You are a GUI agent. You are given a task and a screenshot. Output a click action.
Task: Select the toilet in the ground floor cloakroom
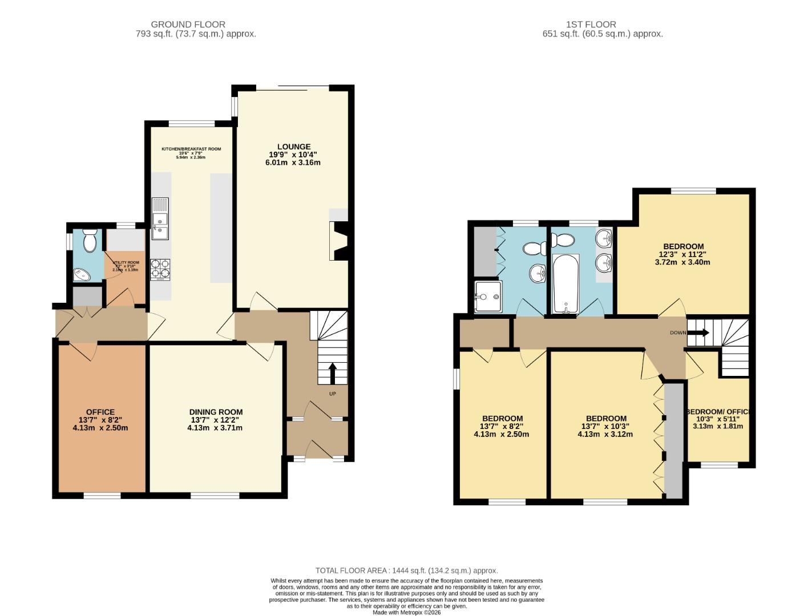90,242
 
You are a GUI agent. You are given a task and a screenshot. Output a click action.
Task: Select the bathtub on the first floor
565,283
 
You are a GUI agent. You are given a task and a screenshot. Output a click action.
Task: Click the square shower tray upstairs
488,296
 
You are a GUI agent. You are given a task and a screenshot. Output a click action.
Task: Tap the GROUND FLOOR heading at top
188,25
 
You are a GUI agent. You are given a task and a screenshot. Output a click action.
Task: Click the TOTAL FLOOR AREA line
406,570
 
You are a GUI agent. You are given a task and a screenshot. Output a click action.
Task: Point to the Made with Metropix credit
406,612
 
